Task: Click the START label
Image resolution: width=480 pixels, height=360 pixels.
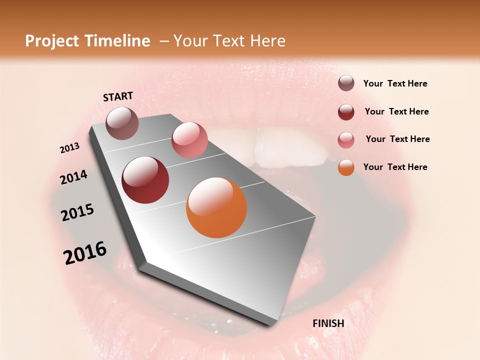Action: pos(118,96)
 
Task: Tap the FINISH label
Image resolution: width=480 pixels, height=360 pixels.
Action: pos(328,323)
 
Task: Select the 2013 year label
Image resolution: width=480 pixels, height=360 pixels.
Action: pos(70,148)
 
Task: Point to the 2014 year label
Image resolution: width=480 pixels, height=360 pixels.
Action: pos(74,177)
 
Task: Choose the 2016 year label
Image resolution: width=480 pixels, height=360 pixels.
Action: pos(85,253)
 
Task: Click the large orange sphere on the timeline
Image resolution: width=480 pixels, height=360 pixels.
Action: pos(216,207)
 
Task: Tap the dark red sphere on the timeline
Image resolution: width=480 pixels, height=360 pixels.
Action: pos(145,180)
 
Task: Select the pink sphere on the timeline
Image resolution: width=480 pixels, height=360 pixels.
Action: pos(189,140)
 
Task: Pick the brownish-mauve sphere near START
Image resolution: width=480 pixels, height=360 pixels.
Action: pos(122,123)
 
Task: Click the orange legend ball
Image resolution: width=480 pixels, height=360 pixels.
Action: pos(346,167)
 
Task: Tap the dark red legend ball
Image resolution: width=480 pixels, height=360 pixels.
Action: pos(346,112)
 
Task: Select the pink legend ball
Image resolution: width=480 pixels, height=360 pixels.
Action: pos(346,140)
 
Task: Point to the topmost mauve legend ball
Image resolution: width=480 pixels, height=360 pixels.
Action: pos(346,83)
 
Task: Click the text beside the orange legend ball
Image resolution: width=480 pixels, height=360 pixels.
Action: pos(395,167)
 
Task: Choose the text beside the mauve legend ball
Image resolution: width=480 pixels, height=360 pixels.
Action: pos(395,83)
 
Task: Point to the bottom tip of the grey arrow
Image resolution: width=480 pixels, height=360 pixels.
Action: pos(270,326)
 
